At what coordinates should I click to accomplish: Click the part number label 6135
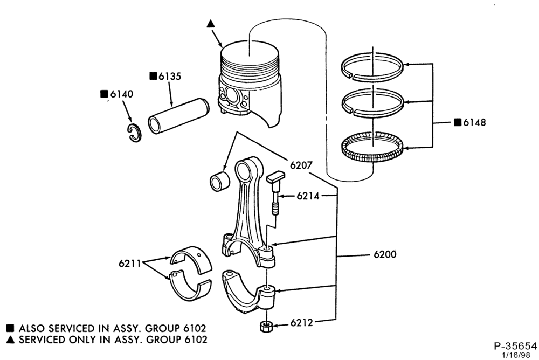169,76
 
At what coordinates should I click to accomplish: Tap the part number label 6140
121,94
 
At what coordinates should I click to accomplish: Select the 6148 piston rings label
474,122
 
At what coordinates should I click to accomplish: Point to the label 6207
301,165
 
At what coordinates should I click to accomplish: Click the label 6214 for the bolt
308,196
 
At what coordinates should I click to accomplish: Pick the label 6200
385,254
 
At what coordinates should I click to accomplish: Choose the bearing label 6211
130,264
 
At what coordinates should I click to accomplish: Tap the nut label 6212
301,323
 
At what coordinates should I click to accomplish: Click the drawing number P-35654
515,346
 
